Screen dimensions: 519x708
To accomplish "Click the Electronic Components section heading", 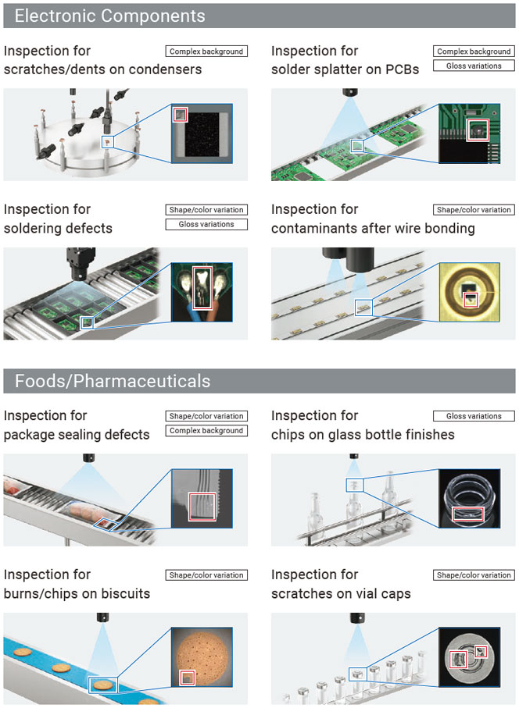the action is tap(110, 16).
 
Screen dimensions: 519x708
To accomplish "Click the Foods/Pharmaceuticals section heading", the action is tap(113, 381).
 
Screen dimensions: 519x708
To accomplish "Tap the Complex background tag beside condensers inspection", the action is tap(206, 52).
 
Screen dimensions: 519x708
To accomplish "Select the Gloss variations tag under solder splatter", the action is tap(474, 66).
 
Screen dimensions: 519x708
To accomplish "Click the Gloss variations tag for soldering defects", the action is tap(206, 224).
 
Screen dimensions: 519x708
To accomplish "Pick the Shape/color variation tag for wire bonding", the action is tap(474, 210).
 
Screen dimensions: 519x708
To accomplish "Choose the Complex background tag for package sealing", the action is tap(206, 431).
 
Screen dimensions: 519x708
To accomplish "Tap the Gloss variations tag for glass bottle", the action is tap(474, 416).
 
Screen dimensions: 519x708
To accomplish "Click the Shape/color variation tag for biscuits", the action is tap(206, 575).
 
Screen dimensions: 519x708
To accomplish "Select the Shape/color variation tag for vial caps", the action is tap(474, 575).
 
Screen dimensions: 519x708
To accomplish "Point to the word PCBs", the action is tap(403, 69).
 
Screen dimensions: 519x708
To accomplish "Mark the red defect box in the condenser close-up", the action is tap(180, 115).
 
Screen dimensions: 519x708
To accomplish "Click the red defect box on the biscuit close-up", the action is tap(187, 678).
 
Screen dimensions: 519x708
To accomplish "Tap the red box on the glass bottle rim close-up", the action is tap(468, 514).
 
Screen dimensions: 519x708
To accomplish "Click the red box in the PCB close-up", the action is tap(478, 130).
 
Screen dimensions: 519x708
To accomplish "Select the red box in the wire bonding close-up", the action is tap(471, 300).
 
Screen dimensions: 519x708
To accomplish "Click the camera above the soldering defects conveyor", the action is tap(81, 264).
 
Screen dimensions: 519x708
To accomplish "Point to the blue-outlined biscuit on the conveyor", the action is tap(102, 685).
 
